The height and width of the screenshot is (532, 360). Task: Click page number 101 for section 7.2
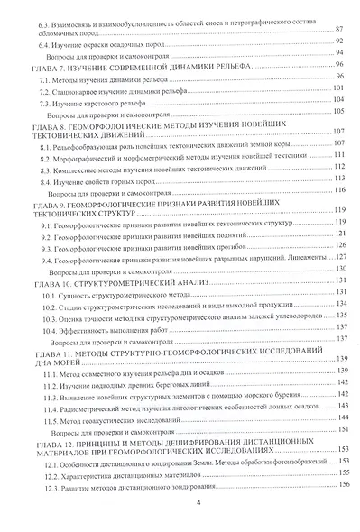(338, 91)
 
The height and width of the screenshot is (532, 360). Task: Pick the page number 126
(338, 245)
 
